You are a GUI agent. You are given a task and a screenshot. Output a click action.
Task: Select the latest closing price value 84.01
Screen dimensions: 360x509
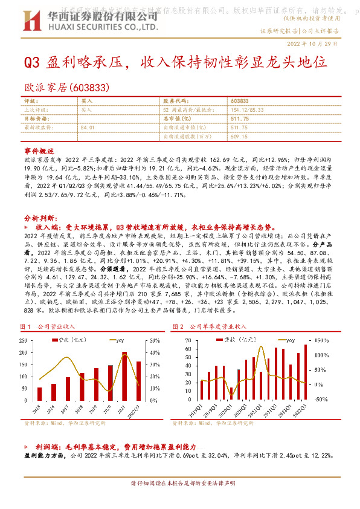click(88, 128)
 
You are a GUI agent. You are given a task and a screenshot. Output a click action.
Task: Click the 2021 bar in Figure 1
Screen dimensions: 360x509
click(124, 374)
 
